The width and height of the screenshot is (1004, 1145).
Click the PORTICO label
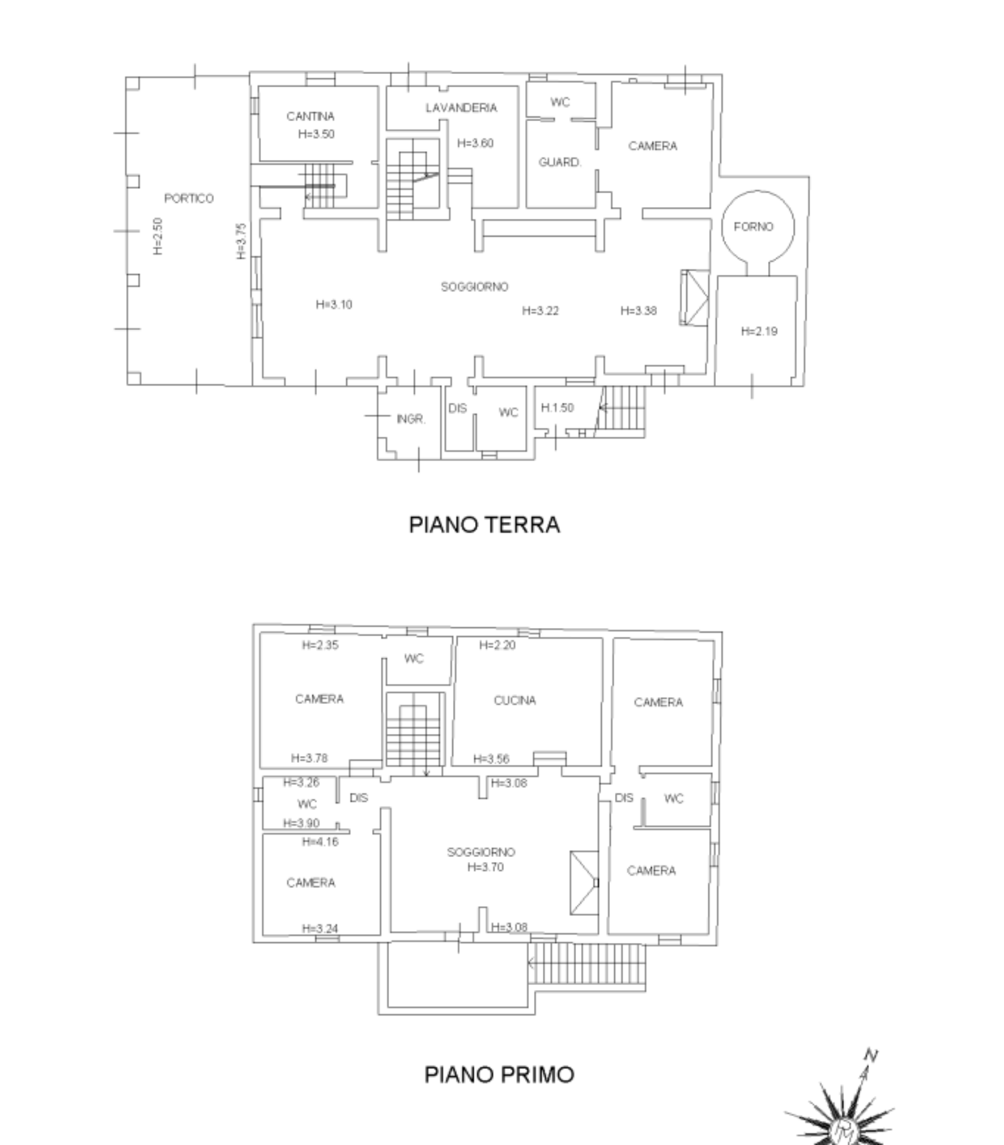point(189,198)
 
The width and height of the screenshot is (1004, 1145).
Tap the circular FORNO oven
point(758,191)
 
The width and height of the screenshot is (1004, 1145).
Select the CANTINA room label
point(310,116)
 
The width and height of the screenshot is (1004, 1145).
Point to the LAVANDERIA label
point(461,108)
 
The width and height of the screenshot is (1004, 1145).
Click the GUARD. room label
point(560,162)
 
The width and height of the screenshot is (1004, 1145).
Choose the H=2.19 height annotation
point(759,331)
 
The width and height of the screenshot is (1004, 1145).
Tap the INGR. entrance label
point(411,419)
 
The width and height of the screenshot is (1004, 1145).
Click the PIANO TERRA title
point(484,525)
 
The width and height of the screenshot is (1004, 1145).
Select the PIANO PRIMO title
point(499,1074)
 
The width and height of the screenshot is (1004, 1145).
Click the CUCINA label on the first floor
point(515,700)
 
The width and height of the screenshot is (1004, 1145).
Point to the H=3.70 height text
point(485,867)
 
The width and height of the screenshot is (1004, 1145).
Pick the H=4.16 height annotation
point(320,842)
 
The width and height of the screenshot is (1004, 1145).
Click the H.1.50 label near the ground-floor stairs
point(557,408)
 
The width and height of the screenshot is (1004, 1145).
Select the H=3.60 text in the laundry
point(475,143)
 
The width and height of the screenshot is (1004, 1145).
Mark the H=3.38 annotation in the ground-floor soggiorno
point(638,311)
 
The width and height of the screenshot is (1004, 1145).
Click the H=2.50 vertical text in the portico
point(158,236)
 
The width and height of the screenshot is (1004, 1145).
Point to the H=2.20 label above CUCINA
point(497,645)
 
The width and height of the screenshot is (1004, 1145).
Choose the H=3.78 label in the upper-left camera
point(309,758)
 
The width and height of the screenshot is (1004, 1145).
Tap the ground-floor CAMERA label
point(653,146)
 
